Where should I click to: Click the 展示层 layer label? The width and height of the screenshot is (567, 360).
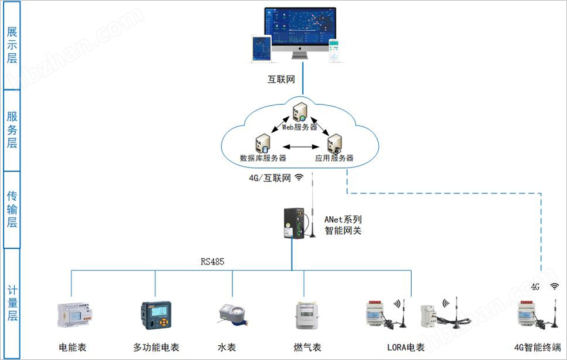point(12,45)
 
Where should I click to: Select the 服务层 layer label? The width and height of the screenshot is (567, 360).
point(12,130)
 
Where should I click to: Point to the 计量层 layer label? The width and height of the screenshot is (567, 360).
point(12,302)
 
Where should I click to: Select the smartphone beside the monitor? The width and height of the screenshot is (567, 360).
point(334,52)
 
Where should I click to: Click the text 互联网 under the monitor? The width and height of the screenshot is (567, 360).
point(281,80)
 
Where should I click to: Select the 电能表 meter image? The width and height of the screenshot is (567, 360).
point(73,314)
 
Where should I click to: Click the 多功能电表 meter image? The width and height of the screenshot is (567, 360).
point(156,313)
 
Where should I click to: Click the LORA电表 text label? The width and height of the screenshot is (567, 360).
point(406,347)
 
